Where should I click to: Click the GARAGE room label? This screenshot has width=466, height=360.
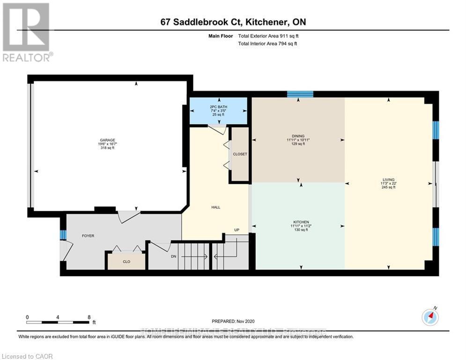coord(107,139)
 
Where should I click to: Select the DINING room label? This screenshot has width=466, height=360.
coord(298,136)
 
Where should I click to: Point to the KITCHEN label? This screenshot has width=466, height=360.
coord(301,222)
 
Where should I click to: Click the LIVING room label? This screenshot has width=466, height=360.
coord(388,180)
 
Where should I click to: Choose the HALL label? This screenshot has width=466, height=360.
coord(215,207)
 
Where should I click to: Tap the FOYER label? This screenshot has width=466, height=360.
coord(88,236)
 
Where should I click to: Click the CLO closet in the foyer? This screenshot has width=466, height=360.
coord(126,262)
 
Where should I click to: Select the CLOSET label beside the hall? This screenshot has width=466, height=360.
coord(240,154)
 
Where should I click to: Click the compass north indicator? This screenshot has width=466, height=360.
coord(429,317)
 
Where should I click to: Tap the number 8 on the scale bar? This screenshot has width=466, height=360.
coord(89,317)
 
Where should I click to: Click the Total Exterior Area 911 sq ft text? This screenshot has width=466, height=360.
coord(267,36)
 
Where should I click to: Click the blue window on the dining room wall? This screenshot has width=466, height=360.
coord(300,94)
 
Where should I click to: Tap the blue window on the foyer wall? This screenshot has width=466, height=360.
coord(62,234)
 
